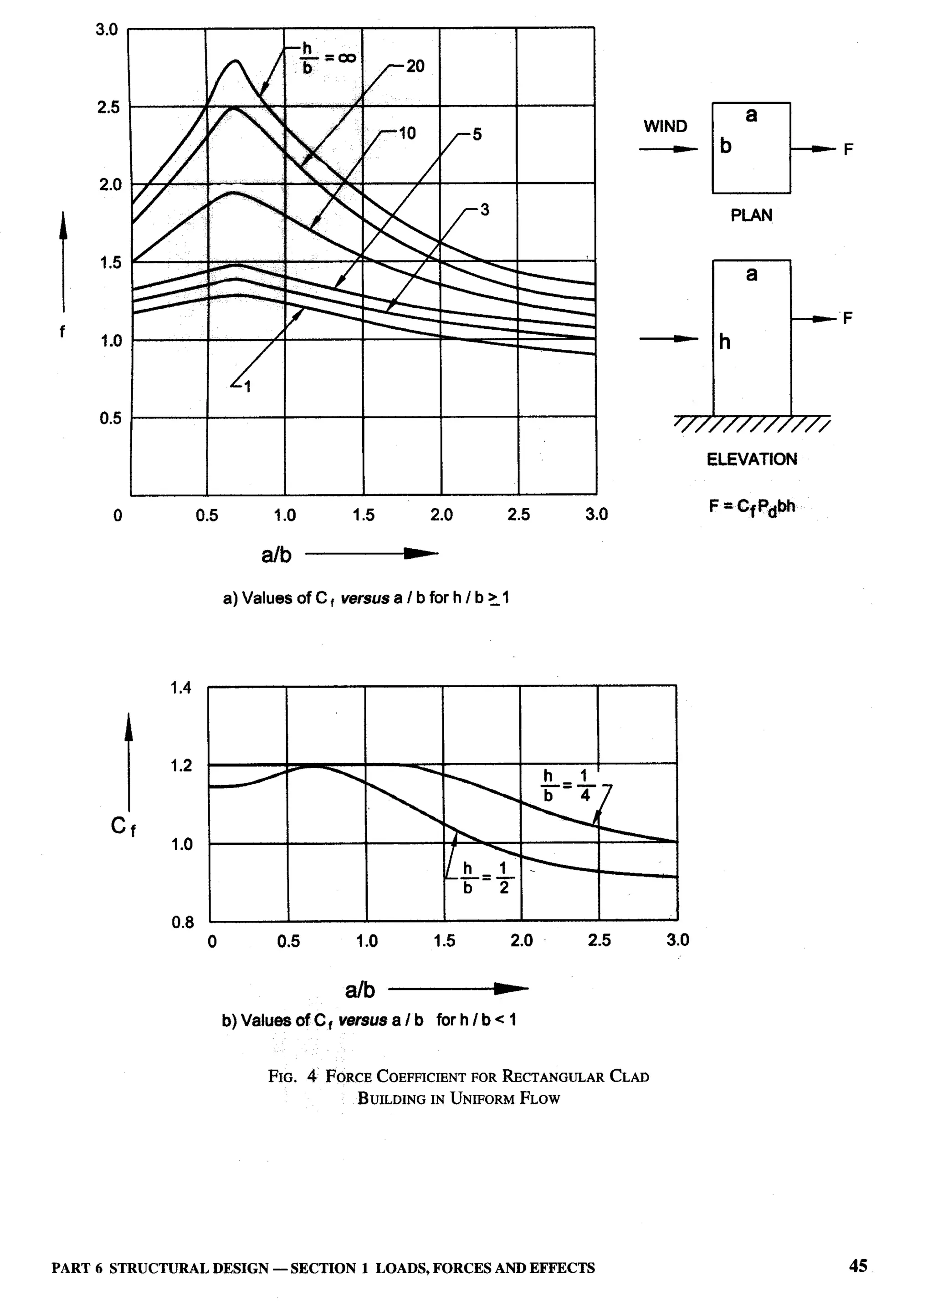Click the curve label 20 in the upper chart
tap(415, 66)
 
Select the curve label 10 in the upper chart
tap(407, 134)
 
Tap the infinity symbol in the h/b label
tap(343, 57)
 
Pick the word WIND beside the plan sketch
tap(665, 126)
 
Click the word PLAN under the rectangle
tap(751, 215)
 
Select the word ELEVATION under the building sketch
tap(751, 459)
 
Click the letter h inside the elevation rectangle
tap(725, 342)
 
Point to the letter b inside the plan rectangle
tap(726, 147)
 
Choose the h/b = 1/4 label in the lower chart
tap(566, 786)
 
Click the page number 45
tap(858, 1266)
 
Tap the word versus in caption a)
tap(364, 598)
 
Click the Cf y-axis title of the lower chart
tap(123, 827)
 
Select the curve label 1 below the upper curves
tap(247, 388)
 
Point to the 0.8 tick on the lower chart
tap(183, 923)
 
